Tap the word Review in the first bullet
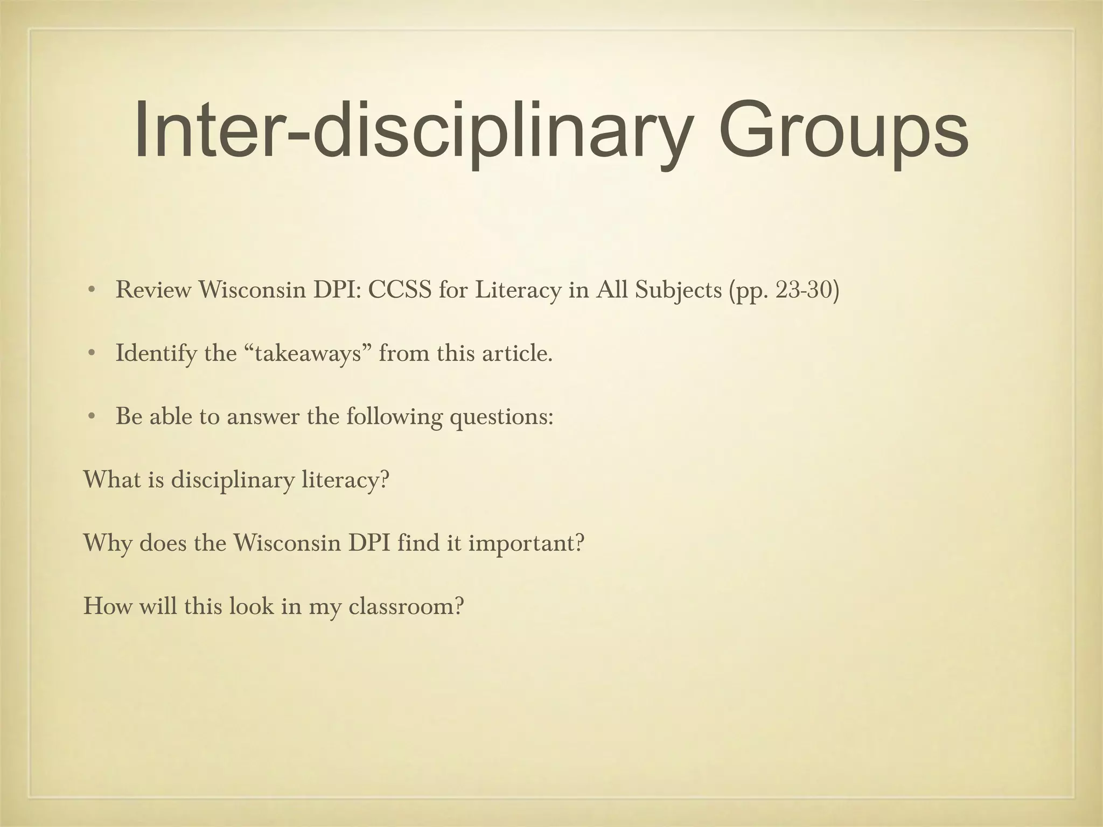tap(153, 290)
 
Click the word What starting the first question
tap(110, 480)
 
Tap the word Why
tap(107, 543)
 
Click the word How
tap(107, 606)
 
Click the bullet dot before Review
tap(92, 291)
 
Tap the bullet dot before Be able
tap(92, 417)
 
